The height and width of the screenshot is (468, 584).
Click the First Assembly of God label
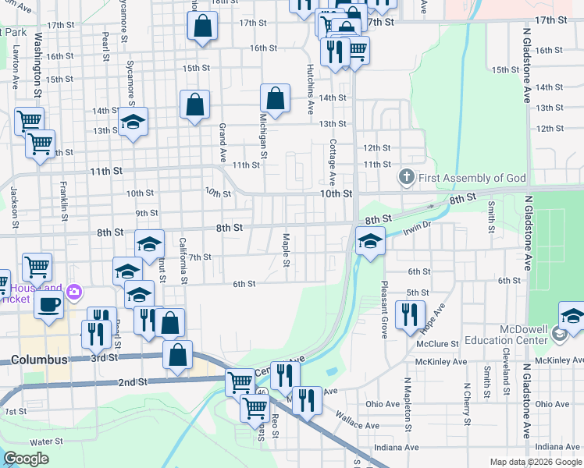point(472,178)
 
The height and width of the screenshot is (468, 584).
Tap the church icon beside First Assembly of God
point(406,178)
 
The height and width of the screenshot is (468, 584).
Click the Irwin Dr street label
point(418,228)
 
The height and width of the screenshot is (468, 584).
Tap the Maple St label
point(287,249)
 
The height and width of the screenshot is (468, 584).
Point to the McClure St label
point(436,344)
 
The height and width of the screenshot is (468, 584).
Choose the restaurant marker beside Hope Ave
point(409,315)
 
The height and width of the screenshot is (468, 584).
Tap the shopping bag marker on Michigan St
point(275,98)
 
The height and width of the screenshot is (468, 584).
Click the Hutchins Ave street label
point(310,89)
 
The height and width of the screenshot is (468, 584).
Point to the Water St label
point(46,441)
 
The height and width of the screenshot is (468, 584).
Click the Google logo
point(27,459)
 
